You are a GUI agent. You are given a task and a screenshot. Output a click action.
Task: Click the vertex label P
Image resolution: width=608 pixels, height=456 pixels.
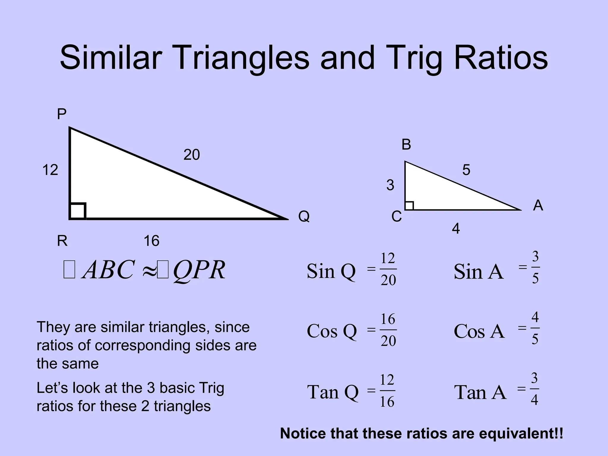click(x=61, y=114)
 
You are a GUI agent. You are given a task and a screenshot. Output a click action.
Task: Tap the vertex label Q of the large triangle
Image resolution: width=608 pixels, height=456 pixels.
click(x=304, y=216)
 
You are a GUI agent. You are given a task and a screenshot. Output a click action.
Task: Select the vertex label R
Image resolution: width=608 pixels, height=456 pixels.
click(x=62, y=241)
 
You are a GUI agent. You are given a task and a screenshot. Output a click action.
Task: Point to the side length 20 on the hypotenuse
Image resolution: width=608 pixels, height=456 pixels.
click(x=191, y=155)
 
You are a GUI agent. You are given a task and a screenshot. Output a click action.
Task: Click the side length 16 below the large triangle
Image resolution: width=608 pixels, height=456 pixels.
click(x=151, y=241)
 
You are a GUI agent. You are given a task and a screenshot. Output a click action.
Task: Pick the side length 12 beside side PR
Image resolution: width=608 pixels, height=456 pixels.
click(x=50, y=170)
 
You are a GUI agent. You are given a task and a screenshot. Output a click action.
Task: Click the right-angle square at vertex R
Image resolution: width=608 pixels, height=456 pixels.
click(x=78, y=211)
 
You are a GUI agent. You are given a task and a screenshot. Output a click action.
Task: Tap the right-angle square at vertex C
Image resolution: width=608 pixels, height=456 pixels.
click(x=409, y=205)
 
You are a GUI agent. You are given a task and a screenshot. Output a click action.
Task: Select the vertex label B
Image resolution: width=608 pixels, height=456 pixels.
click(x=406, y=145)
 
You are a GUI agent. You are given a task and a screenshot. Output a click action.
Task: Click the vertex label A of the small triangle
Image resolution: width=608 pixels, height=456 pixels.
click(x=538, y=205)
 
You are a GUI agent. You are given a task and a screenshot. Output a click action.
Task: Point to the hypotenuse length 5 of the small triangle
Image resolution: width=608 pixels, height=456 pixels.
click(x=466, y=170)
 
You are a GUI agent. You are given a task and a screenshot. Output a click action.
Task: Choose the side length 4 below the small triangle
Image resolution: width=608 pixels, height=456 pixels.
click(x=456, y=229)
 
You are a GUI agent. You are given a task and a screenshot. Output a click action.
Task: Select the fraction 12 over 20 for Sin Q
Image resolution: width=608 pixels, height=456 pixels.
click(x=388, y=269)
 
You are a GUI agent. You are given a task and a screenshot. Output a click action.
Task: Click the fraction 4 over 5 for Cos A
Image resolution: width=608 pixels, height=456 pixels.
click(x=535, y=328)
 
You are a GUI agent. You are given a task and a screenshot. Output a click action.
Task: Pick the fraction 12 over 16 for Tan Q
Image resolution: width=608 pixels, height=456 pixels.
click(x=387, y=391)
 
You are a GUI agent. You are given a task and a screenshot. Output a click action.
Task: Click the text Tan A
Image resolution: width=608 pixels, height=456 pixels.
click(x=480, y=392)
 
